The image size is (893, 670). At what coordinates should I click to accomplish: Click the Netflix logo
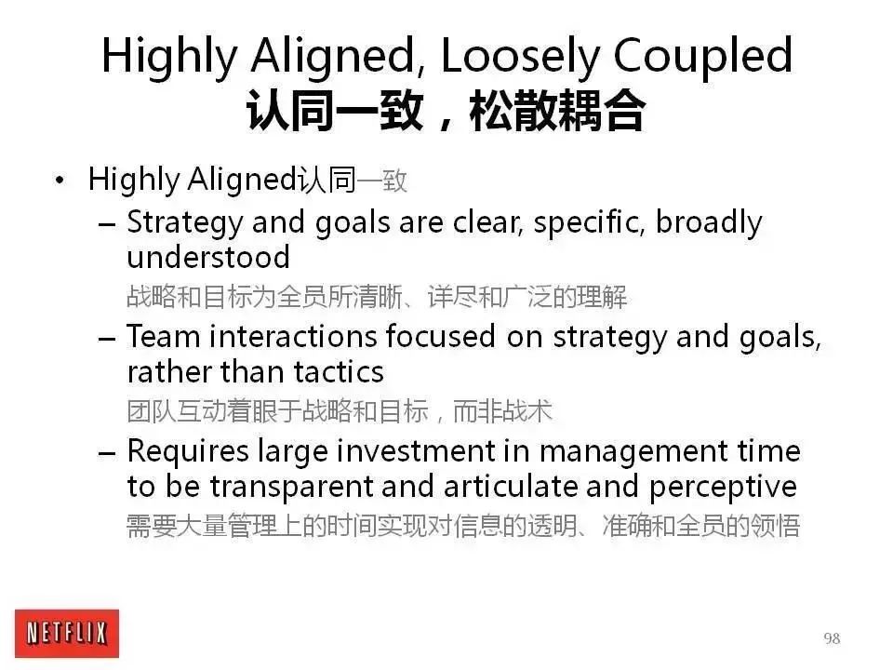(x=67, y=633)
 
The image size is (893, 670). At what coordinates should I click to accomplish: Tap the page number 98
(x=832, y=638)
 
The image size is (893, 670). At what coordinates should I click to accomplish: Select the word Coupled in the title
(x=703, y=56)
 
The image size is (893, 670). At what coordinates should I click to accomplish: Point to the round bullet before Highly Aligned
(x=60, y=181)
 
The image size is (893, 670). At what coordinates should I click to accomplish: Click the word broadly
(x=709, y=222)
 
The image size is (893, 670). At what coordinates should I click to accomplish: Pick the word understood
(x=208, y=258)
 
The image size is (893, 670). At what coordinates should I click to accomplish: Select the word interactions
(x=293, y=336)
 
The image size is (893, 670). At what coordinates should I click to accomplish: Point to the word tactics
(x=339, y=372)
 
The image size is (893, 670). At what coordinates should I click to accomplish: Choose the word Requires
(x=188, y=452)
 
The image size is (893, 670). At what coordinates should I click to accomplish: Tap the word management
(x=633, y=453)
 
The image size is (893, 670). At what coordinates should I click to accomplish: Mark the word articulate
(x=511, y=487)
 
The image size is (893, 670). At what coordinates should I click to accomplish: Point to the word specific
(x=589, y=222)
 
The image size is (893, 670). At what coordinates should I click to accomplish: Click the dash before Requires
(x=106, y=453)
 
